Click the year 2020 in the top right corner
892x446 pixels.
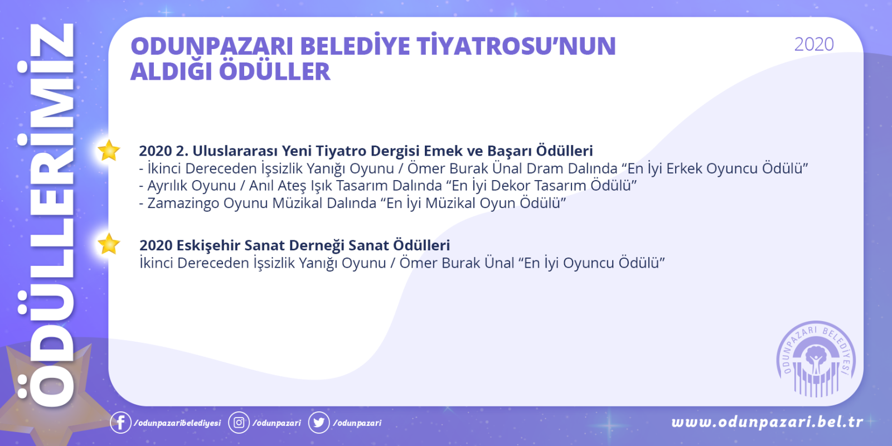814,44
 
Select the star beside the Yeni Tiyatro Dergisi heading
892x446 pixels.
109,151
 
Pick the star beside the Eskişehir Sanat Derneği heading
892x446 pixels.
109,244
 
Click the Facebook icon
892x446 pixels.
120,423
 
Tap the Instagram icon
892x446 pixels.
239,423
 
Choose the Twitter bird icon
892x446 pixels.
318,423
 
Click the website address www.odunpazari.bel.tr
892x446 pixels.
767,421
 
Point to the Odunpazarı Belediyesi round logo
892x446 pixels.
816,359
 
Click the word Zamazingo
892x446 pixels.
183,203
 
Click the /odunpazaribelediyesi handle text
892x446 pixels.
177,423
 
